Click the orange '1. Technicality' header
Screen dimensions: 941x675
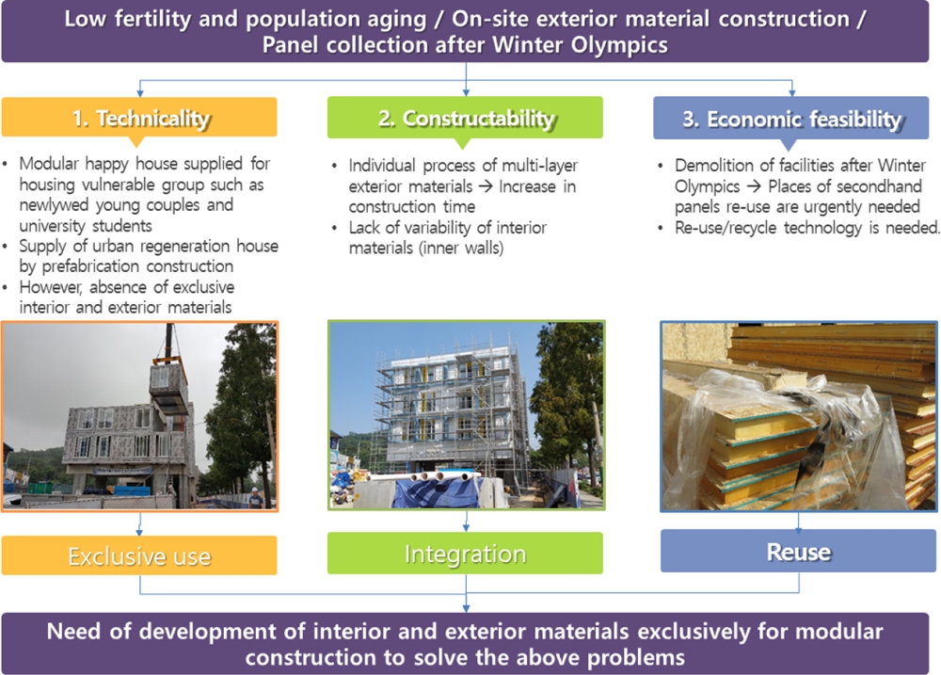click(x=139, y=117)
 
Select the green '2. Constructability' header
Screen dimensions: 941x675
click(x=465, y=118)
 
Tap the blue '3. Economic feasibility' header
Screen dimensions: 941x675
click(x=791, y=119)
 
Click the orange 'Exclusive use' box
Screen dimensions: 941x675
click(x=139, y=555)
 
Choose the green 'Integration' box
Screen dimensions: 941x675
click(x=465, y=554)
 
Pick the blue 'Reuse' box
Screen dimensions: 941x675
click(x=798, y=551)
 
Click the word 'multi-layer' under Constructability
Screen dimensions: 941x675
click(x=539, y=166)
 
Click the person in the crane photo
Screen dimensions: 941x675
click(x=256, y=498)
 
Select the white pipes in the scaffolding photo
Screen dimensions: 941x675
click(x=424, y=477)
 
